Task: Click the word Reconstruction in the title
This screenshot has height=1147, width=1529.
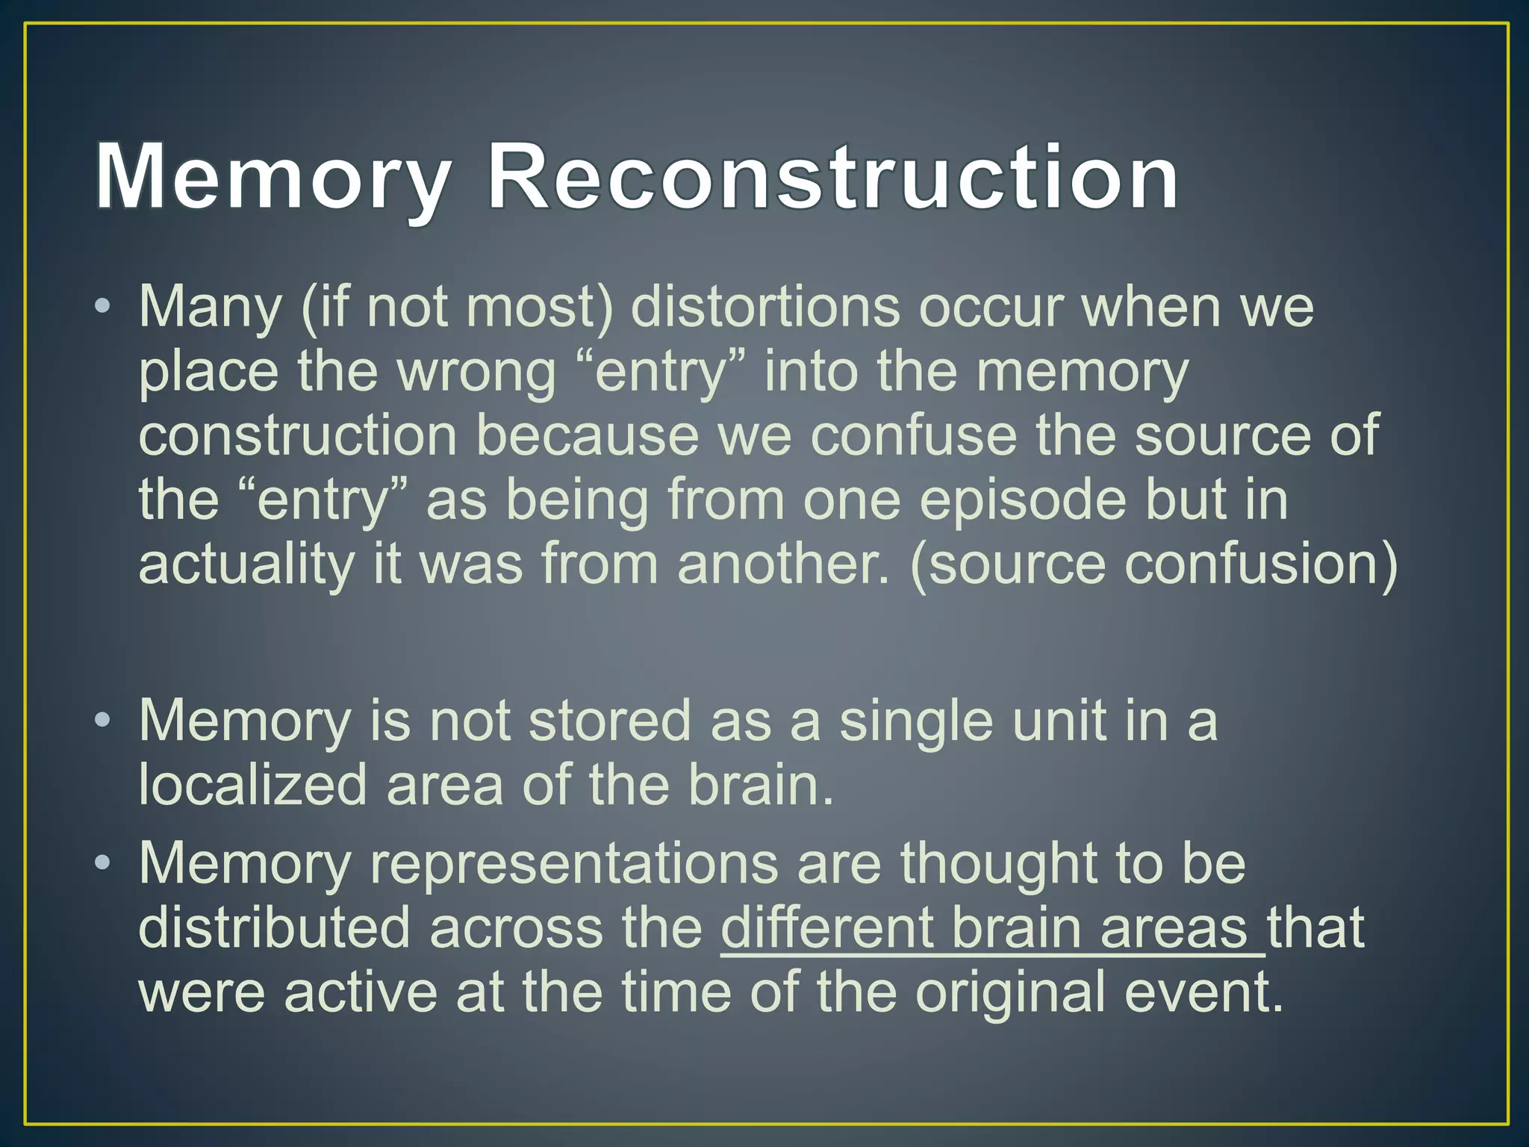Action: click(832, 178)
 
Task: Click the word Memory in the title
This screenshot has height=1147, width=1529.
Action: click(273, 178)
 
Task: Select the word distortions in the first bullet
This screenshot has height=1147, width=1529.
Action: click(765, 307)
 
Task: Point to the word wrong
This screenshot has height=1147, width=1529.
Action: click(476, 371)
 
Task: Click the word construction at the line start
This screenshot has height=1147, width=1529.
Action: click(297, 435)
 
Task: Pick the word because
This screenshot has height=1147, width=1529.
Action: click(587, 435)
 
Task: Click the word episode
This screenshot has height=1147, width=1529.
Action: click(1021, 500)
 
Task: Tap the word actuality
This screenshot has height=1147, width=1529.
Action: click(246, 564)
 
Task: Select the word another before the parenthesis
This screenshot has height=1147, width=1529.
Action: click(782, 564)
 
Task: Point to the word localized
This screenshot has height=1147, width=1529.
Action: click(252, 785)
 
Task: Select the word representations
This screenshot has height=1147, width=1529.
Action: click(573, 864)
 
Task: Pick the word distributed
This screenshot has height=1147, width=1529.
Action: click(275, 928)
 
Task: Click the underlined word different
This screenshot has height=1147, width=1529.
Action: click(826, 928)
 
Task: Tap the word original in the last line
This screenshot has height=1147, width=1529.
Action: click(1010, 992)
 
